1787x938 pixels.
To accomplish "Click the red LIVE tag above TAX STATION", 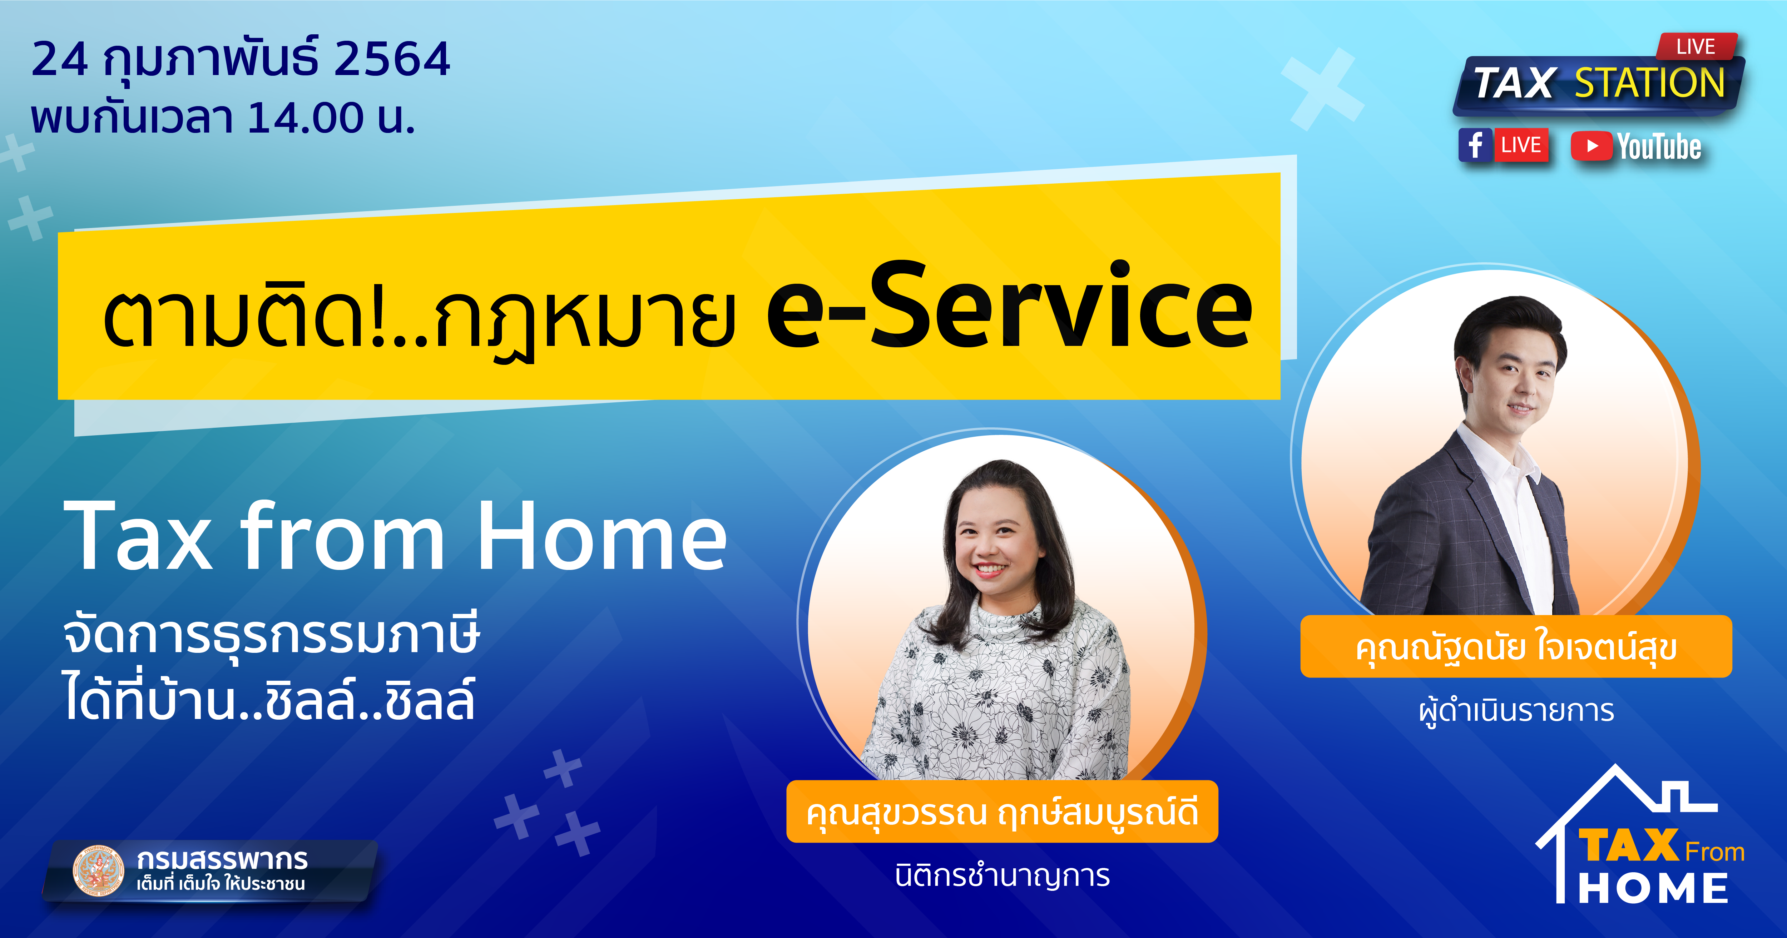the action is coord(1697,46).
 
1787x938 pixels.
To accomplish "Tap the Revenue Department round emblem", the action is coord(99,870).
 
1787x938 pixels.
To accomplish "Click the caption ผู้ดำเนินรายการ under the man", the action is coord(1516,711).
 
